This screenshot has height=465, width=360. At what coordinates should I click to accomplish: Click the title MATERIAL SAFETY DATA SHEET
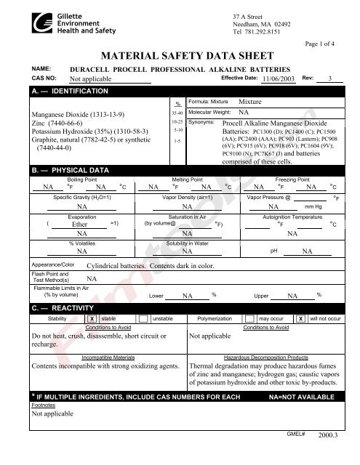180,54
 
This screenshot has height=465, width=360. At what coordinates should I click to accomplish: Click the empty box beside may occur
250,319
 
